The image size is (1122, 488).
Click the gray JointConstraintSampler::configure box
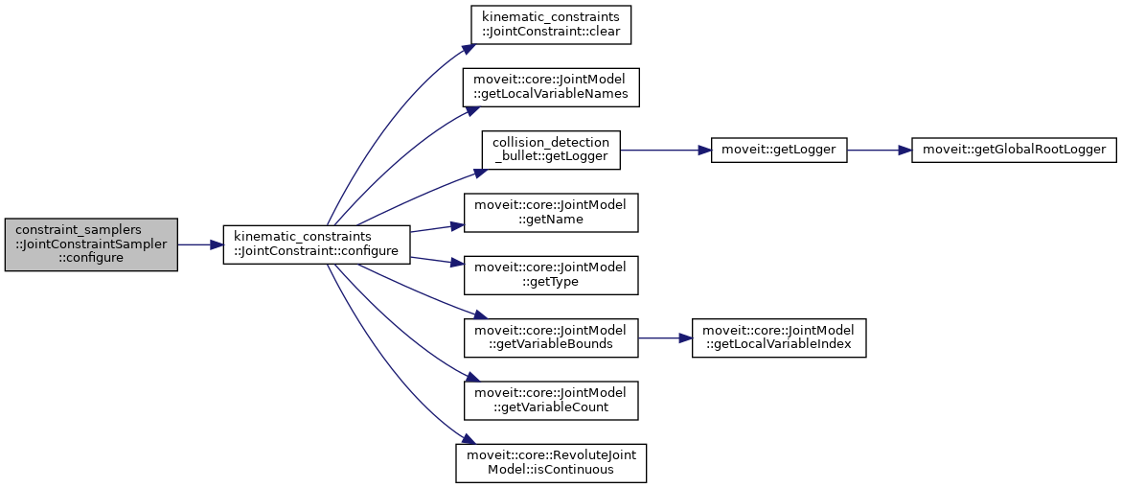point(91,244)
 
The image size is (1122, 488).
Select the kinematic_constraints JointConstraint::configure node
point(316,244)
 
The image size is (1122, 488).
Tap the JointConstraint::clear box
point(550,24)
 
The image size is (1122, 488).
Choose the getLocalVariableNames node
point(550,86)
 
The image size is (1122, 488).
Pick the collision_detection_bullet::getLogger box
point(550,150)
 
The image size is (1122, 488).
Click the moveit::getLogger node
point(779,150)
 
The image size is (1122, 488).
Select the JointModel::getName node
point(550,212)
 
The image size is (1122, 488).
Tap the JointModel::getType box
point(550,275)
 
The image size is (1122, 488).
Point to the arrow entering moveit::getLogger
point(665,150)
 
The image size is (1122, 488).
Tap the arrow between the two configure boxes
point(200,244)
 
